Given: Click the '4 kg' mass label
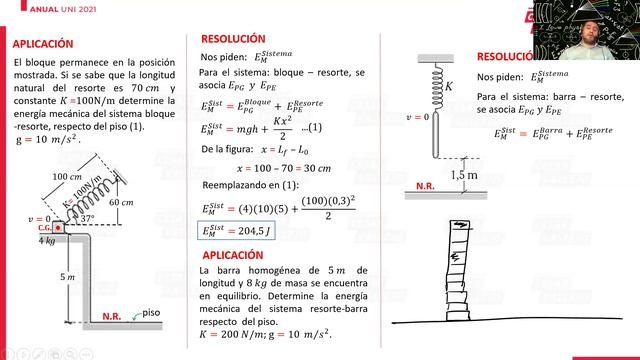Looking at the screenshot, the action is coord(47,241).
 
